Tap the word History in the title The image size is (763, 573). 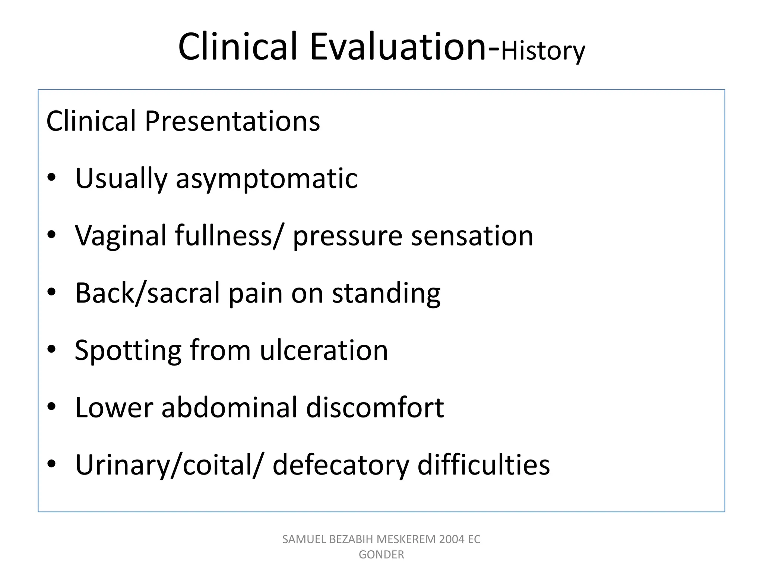543,51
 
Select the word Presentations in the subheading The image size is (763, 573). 232,121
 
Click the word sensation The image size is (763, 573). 472,236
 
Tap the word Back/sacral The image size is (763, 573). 148,293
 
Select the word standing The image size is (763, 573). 386,294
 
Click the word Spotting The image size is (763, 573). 128,351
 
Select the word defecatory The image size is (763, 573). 341,466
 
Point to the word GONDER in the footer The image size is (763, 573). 381,555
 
